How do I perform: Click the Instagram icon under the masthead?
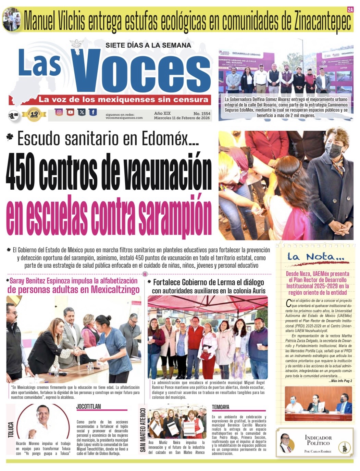click(x=59, y=112)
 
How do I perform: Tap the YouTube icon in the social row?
click(x=70, y=112)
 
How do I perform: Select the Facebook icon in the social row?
click(x=92, y=112)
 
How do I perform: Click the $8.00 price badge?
click(x=13, y=116)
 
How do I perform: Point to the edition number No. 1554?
click(x=202, y=113)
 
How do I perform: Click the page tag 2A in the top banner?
click(x=350, y=10)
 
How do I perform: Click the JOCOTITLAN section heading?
click(x=88, y=407)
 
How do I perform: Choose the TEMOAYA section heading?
click(x=220, y=407)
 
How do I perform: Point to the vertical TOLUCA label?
click(x=11, y=430)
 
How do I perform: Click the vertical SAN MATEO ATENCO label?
click(x=143, y=430)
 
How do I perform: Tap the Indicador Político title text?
click(x=318, y=440)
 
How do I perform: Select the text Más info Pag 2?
click(x=340, y=381)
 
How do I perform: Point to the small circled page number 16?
click(x=145, y=274)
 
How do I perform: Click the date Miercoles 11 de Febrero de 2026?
click(x=182, y=118)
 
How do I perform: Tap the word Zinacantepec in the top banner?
click(x=322, y=21)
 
